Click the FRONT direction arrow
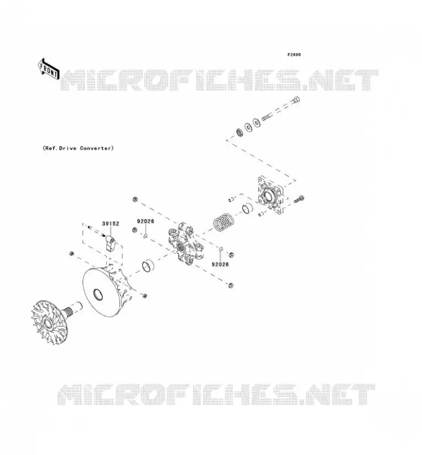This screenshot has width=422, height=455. [48, 69]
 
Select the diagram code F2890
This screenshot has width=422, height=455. [294, 55]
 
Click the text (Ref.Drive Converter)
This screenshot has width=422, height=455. [78, 148]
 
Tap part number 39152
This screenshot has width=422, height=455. [110, 224]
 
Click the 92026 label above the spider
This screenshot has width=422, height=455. [146, 221]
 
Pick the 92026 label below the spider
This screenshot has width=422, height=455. [220, 264]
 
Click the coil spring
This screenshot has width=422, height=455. [224, 222]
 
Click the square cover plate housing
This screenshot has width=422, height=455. [270, 195]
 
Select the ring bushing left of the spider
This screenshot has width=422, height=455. [148, 265]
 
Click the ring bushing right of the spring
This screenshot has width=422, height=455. [247, 208]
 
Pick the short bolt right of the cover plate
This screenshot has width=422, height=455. [299, 199]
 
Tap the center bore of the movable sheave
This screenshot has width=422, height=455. [97, 295]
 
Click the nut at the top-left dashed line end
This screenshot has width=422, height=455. [135, 200]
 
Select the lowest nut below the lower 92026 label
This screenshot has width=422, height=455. [231, 286]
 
